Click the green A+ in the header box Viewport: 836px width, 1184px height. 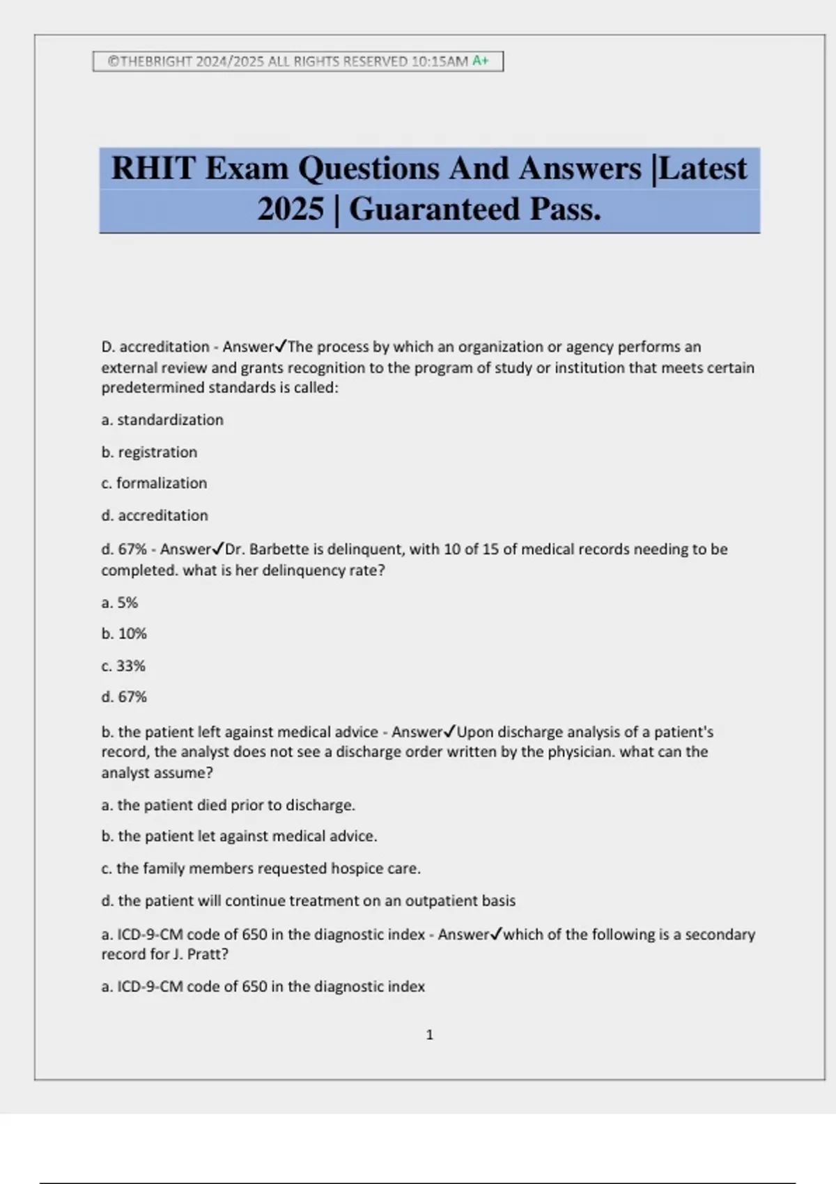click(x=481, y=61)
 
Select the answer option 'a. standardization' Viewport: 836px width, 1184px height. click(x=162, y=420)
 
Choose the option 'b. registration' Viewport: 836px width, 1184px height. click(x=149, y=452)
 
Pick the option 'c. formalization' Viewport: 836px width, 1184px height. click(x=154, y=483)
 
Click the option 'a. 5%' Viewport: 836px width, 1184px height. click(x=120, y=602)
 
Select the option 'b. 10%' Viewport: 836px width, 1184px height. click(x=124, y=634)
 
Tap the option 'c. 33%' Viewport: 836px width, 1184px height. click(x=123, y=666)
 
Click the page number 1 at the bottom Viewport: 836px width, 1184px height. click(x=429, y=1035)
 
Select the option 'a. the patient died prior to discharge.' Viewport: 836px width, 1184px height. click(x=228, y=805)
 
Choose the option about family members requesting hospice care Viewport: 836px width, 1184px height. click(x=261, y=868)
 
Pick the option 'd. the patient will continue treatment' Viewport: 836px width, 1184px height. click(x=308, y=901)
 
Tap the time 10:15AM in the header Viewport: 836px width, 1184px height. click(x=440, y=61)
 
